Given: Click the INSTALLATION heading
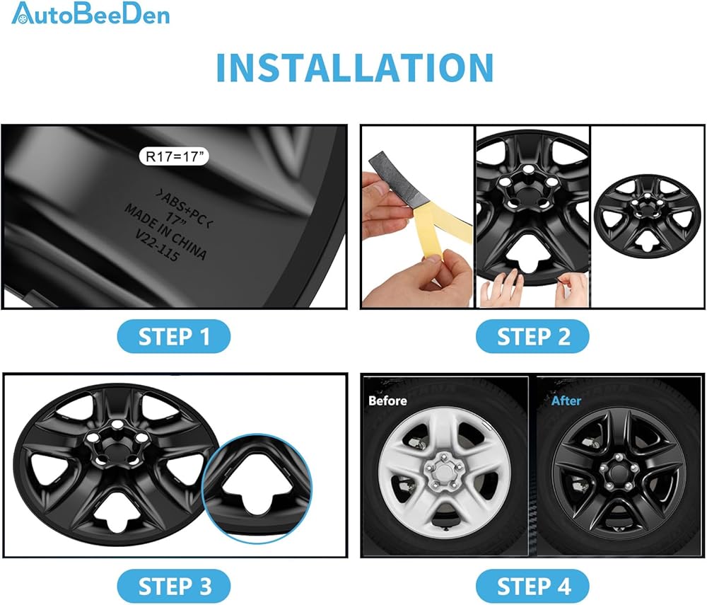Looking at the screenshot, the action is click(355, 68).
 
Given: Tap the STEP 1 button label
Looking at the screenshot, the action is click(174, 337).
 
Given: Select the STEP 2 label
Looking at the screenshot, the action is click(532, 337).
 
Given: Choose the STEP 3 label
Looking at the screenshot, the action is click(174, 586).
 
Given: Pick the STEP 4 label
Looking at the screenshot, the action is click(532, 586).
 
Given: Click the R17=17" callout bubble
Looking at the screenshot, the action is click(174, 156).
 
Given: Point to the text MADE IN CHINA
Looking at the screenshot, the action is click(165, 231).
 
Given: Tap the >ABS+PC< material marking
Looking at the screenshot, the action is click(184, 209).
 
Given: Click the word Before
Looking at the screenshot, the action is click(387, 401).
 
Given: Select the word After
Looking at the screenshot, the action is click(566, 401).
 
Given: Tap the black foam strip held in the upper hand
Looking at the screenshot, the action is click(397, 180).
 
